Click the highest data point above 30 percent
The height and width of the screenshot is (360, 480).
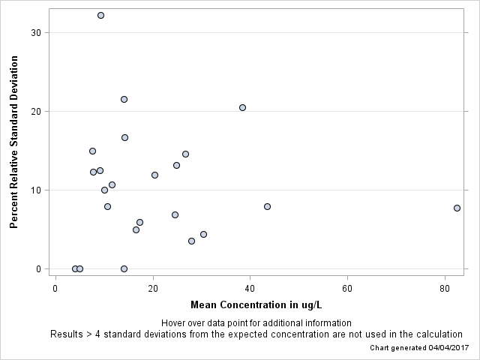(100, 15)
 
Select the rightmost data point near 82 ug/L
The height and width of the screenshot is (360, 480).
(457, 208)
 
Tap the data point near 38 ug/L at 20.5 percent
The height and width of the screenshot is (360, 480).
(242, 107)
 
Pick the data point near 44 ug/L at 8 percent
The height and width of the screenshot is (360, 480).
(267, 206)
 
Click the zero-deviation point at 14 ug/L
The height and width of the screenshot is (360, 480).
(124, 268)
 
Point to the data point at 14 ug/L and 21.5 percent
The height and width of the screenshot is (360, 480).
(124, 99)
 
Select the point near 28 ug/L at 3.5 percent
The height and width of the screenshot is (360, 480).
(191, 241)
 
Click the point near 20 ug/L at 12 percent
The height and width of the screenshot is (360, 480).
(154, 175)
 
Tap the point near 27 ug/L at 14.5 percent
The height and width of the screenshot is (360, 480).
(185, 154)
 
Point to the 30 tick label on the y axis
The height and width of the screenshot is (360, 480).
(36, 32)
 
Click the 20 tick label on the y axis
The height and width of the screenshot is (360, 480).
(36, 111)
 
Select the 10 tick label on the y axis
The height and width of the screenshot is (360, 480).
(36, 190)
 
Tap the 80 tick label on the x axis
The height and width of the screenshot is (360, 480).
(445, 289)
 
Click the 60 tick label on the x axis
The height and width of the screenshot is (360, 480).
(347, 289)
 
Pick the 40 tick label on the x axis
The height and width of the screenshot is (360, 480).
(250, 289)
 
